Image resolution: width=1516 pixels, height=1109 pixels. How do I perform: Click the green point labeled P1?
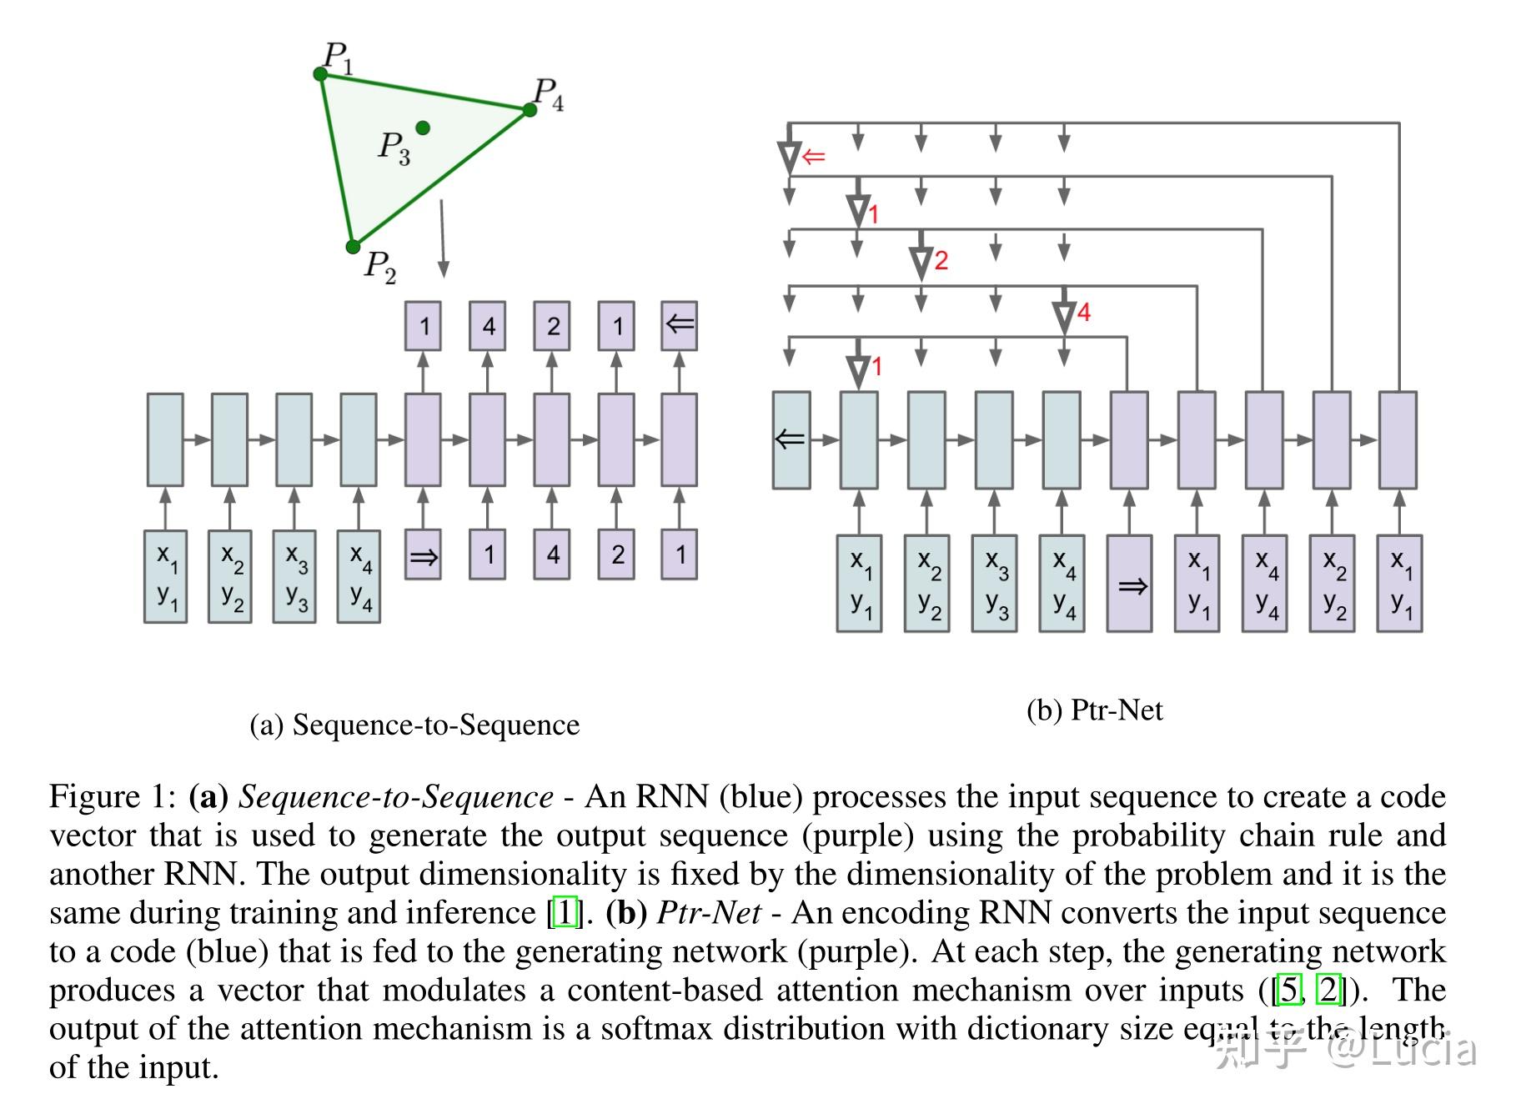320,74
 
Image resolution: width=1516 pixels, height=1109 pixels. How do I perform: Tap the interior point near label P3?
423,128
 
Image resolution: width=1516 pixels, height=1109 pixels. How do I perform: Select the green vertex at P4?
530,110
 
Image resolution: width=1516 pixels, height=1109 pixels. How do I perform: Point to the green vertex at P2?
353,247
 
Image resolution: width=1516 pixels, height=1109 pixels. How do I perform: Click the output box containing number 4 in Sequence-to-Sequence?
488,326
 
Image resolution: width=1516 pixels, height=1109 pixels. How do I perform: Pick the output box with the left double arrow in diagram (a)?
679,326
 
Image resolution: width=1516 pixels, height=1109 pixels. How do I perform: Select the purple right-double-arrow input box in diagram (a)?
423,555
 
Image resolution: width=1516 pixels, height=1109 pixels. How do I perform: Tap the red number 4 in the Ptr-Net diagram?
1083,313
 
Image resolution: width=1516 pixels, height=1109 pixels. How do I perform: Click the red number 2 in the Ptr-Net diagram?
941,261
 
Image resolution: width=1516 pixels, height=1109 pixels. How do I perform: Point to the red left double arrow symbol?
813,157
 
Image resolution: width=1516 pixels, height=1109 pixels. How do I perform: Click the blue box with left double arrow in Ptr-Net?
791,439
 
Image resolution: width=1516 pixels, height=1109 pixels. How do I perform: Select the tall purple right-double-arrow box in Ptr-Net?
1129,585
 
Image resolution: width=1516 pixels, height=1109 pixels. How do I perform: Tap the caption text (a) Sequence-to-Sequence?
414,725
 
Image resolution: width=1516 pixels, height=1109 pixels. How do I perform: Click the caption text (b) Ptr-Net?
1094,710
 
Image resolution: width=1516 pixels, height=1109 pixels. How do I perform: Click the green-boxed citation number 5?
1289,990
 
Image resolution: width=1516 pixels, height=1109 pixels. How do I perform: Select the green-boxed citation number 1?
565,912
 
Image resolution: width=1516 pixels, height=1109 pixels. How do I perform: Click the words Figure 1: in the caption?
113,796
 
